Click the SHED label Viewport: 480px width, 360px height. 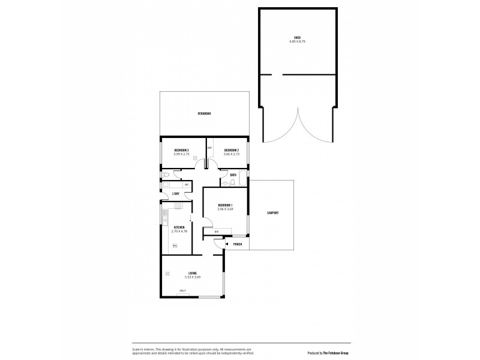tap(298, 38)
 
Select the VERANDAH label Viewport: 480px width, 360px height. tap(205, 113)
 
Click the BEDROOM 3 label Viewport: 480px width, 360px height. tap(182, 150)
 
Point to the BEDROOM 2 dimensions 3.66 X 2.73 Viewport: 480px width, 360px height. tap(232, 154)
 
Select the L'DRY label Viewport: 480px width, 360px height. tap(176, 194)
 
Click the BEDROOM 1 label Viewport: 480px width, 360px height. tap(225, 206)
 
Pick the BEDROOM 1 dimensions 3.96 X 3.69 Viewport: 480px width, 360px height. tap(225, 210)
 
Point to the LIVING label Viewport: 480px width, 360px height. tap(192, 273)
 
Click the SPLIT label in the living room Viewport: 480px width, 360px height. tap(182, 292)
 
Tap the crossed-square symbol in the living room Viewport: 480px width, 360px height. tap(167, 274)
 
